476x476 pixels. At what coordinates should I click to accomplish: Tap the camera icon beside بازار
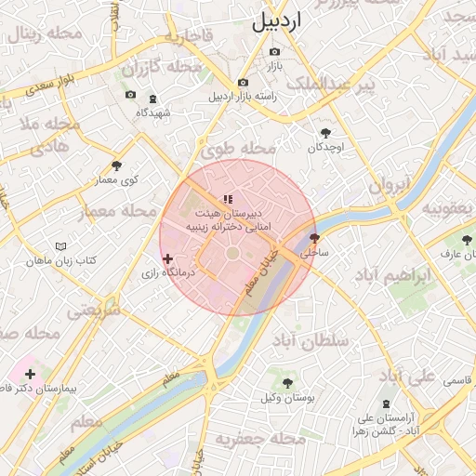(x=274, y=52)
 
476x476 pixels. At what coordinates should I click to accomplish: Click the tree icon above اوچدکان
(x=325, y=133)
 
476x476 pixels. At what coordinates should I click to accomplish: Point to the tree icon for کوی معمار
(x=116, y=165)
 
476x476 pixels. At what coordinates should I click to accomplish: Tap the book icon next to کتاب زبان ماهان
(x=61, y=246)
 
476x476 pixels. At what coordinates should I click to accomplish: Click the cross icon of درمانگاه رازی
(x=167, y=258)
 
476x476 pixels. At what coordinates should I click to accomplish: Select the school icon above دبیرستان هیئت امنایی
(x=228, y=199)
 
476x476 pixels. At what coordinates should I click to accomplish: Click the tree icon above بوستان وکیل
(x=287, y=382)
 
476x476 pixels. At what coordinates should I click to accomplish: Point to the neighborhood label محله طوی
(x=239, y=149)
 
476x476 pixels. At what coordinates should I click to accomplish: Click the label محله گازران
(x=162, y=67)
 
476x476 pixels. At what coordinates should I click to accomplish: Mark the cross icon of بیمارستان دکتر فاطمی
(x=31, y=374)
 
